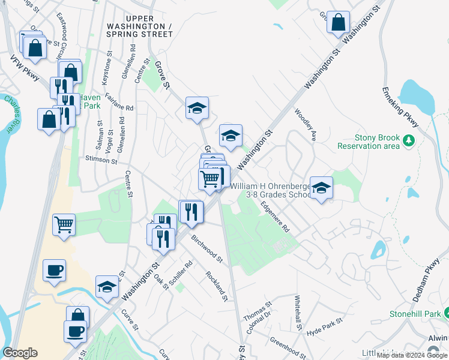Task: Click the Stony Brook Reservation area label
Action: click(x=368, y=142)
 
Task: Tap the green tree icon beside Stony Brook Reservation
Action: click(x=409, y=140)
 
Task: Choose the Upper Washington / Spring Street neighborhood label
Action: click(x=139, y=30)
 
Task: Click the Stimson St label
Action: click(x=101, y=160)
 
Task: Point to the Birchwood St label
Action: click(x=207, y=249)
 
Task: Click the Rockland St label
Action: click(x=216, y=286)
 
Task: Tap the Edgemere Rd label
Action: click(x=275, y=216)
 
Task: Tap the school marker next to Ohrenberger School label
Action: click(x=321, y=188)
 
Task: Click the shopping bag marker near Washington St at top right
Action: click(x=338, y=22)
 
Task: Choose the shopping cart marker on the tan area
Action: click(x=64, y=225)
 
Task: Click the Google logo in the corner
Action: click(x=20, y=353)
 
